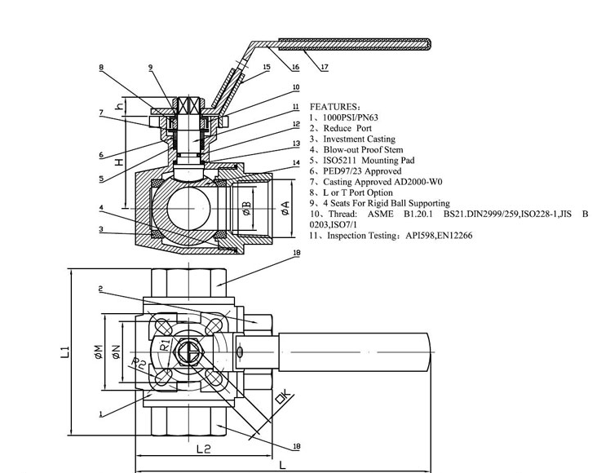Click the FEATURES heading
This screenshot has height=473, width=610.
[x=334, y=107]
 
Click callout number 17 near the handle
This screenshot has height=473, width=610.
[x=325, y=68]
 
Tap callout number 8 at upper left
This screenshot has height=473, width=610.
[x=102, y=68]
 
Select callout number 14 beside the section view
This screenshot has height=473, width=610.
[x=297, y=162]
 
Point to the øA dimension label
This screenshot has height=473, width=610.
[x=285, y=208]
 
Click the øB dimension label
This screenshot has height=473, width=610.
[x=247, y=208]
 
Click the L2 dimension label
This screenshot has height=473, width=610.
[x=203, y=449]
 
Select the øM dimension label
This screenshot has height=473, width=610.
[x=99, y=351]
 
